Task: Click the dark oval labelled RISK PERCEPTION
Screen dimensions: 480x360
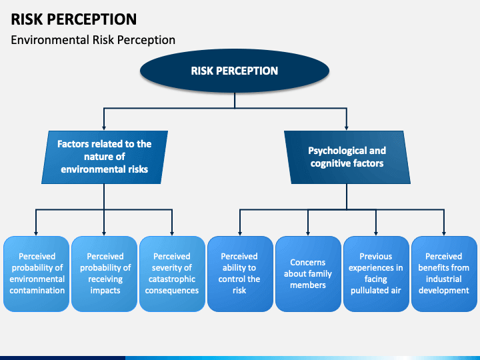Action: click(235, 71)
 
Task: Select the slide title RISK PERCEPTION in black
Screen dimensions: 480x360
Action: click(74, 19)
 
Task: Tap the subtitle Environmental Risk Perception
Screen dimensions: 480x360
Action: click(93, 40)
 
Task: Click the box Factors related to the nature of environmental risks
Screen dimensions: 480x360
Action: click(105, 157)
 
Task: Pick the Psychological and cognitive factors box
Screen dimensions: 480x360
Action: click(347, 157)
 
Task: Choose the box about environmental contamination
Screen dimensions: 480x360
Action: click(37, 274)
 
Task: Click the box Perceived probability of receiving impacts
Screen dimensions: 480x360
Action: click(105, 274)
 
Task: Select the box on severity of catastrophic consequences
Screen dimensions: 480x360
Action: click(173, 274)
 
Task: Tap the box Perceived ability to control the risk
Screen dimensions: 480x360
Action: click(240, 274)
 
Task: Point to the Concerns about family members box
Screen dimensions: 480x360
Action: click(308, 274)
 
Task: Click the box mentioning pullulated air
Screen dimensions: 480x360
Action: click(376, 274)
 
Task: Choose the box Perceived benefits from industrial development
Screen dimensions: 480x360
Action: click(444, 274)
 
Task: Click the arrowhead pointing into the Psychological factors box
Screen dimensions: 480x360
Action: click(347, 128)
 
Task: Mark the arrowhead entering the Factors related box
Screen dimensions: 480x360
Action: click(104, 128)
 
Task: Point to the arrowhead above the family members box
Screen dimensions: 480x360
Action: click(308, 233)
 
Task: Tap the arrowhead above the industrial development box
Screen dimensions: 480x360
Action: click(444, 233)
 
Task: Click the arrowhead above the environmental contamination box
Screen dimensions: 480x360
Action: click(36, 233)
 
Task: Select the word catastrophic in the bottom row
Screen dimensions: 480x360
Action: click(172, 279)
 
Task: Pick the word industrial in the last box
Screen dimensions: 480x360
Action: click(444, 279)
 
